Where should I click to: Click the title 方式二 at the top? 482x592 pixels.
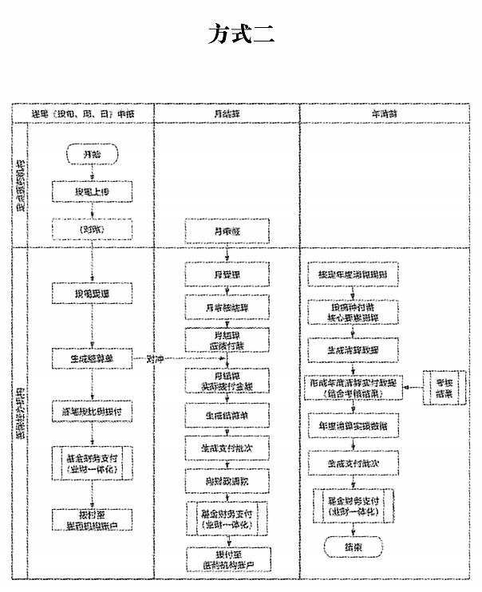[242, 34]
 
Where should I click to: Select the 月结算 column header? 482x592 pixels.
[227, 114]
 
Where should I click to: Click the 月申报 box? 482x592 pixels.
[227, 231]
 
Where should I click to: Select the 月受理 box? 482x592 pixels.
[227, 275]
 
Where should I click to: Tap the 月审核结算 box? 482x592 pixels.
[227, 307]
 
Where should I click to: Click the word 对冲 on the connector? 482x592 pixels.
[155, 359]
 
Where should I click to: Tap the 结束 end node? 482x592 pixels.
[353, 547]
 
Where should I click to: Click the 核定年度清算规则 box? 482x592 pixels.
[353, 275]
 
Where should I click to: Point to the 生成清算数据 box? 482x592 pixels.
[353, 349]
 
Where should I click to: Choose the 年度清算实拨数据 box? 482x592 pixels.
[353, 425]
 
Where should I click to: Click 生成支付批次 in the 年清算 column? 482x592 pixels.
[353, 463]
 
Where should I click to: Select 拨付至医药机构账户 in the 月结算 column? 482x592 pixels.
[227, 559]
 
